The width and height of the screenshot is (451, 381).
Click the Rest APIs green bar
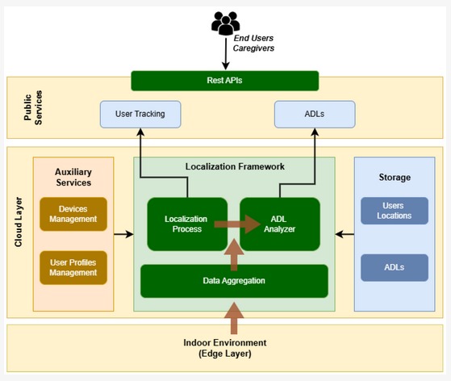(225, 81)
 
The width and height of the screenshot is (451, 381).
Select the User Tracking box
(140, 115)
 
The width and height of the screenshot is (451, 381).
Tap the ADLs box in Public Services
(315, 115)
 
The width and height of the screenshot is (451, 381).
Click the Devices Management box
(73, 214)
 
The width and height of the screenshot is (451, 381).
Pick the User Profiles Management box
(73, 268)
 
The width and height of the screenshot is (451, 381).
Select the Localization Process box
(187, 224)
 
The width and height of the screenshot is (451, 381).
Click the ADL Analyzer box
(280, 224)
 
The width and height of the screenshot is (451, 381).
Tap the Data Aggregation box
(234, 281)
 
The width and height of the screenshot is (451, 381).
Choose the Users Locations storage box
(395, 211)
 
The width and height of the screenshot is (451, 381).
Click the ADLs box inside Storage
(395, 268)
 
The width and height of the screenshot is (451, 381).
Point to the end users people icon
(226, 23)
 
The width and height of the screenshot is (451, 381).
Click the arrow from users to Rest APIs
(226, 53)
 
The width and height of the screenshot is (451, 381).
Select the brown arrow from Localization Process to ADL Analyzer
(237, 224)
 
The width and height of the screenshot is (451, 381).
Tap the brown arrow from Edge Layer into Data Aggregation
(234, 318)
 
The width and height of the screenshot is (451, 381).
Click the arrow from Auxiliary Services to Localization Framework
(123, 234)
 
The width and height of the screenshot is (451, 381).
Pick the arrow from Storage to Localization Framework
(345, 234)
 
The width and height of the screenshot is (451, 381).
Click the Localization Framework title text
(235, 166)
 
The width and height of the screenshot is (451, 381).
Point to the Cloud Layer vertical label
(19, 222)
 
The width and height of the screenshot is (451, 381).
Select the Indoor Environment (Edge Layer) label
(225, 348)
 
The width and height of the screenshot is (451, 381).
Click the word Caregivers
(253, 48)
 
